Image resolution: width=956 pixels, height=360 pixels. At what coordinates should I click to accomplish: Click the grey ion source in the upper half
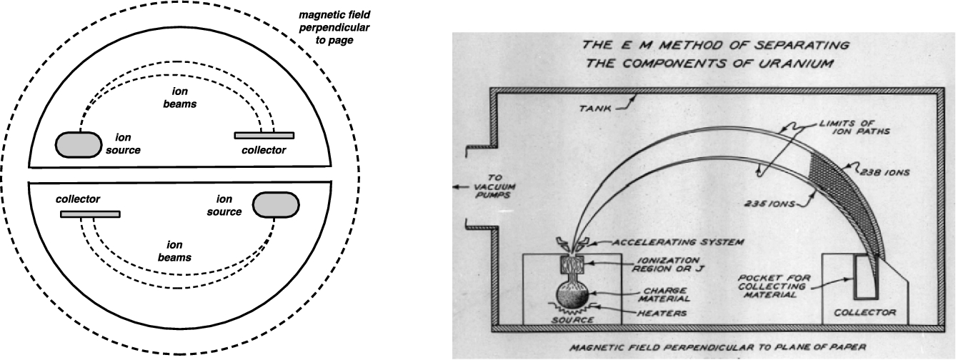79,145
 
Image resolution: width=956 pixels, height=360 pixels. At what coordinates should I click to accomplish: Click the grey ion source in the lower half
274,204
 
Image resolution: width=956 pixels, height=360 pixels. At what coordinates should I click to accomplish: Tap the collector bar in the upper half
264,135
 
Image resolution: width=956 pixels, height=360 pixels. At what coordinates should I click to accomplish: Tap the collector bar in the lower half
90,214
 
